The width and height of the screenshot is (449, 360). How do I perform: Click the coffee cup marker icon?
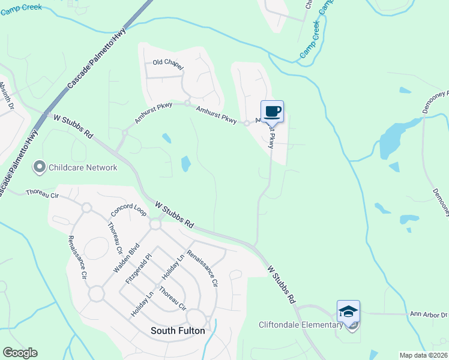tap(272, 111)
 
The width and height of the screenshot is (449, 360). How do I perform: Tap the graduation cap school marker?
tap(348, 311)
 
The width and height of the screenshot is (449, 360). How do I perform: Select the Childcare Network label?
tap(83, 167)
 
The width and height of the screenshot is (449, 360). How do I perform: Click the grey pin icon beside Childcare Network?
tap(40, 167)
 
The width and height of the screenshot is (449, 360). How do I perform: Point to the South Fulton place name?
tap(178, 331)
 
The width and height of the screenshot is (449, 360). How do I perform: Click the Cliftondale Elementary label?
tap(300, 325)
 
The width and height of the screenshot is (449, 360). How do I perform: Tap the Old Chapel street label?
tap(167, 63)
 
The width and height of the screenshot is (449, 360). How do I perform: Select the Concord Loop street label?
tap(128, 205)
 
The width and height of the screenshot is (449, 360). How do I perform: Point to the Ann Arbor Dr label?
tap(429, 314)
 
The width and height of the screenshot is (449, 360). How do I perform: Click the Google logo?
tap(20, 353)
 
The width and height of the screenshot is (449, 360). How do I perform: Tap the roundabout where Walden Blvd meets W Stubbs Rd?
tap(155, 224)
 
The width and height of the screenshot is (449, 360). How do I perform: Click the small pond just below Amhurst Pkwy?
tap(166, 138)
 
